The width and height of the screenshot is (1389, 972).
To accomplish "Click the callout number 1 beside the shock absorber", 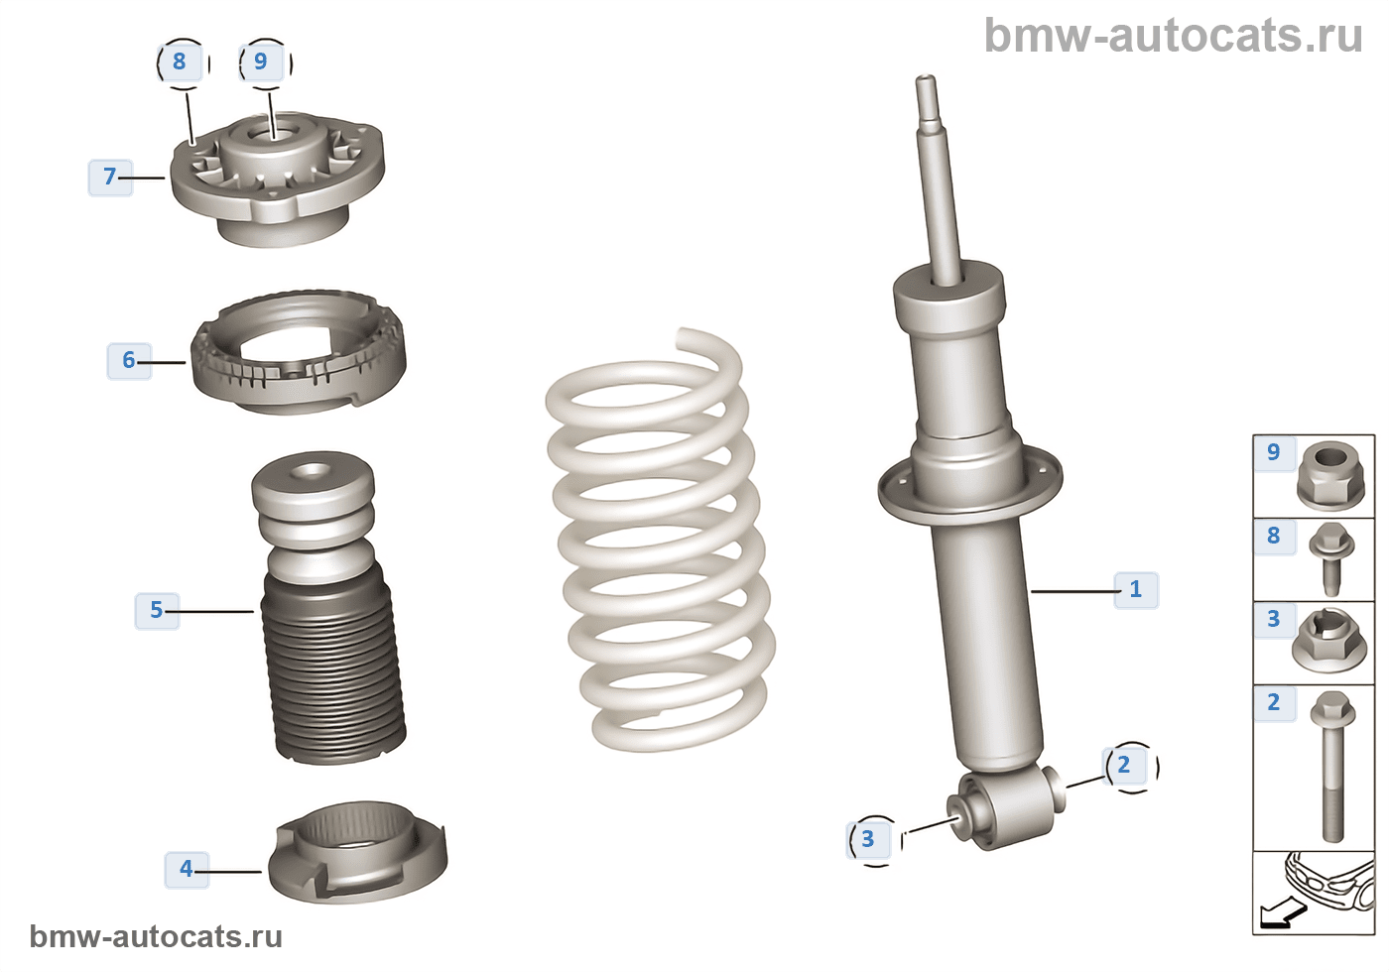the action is (1135, 589).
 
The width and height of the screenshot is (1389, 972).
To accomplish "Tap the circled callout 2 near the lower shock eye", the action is (1123, 765).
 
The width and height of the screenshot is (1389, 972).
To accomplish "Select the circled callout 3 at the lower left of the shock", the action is (868, 839).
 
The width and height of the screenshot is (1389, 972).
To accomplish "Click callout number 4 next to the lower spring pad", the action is (187, 869).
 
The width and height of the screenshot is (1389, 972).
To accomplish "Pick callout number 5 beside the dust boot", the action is (157, 611).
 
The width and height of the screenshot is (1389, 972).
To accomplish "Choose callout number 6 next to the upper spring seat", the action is (129, 360).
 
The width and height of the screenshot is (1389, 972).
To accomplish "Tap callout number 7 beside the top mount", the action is (110, 178).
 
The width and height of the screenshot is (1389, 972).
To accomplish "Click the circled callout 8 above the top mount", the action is (180, 61).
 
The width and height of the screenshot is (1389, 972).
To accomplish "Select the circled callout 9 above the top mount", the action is (261, 61).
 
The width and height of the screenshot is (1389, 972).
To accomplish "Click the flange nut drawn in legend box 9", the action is (1330, 475).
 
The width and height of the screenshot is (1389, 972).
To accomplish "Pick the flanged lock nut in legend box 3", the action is (1328, 641).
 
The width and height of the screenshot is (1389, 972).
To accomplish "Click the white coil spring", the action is (661, 541).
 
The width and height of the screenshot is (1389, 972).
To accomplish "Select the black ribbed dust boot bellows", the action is (333, 667).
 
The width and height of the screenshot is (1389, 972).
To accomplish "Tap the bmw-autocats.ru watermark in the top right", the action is (1173, 36).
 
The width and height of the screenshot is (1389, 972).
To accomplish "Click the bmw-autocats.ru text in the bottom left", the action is (156, 936).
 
